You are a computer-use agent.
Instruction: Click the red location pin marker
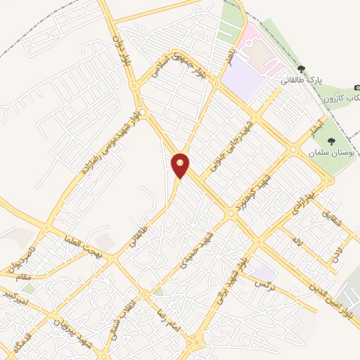(x=181, y=165)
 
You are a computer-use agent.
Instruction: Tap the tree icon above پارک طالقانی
(x=302, y=69)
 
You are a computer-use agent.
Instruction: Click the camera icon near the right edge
(x=357, y=86)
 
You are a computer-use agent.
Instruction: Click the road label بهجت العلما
(x=82, y=246)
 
